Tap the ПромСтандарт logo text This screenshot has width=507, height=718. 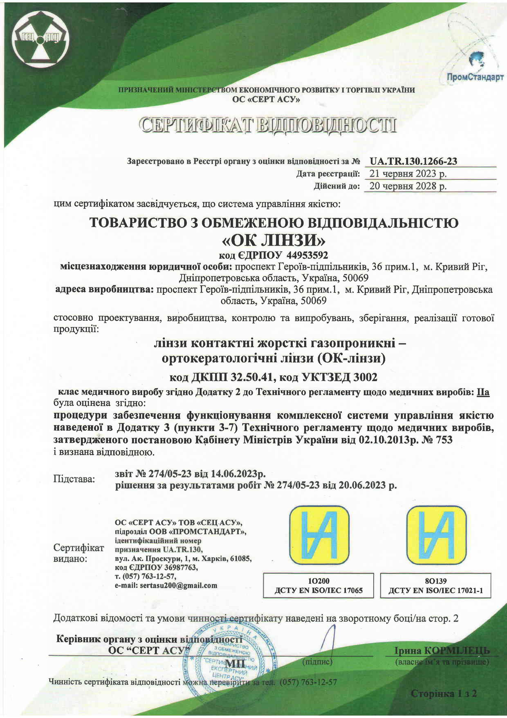[475, 77]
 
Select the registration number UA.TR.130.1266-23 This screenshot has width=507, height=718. [413, 161]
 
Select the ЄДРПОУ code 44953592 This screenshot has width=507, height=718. [307, 256]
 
